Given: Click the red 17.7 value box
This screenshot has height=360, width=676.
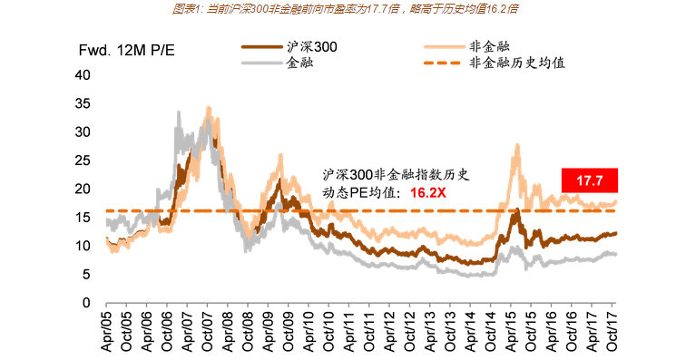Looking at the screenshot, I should click(x=589, y=180).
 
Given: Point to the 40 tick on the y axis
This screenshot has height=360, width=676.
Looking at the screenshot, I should click(x=83, y=75).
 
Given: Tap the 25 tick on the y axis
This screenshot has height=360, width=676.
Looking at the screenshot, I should click(x=83, y=161).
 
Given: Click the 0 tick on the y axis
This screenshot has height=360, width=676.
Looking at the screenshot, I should click(x=86, y=302).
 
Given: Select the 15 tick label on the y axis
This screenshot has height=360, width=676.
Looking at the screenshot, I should click(x=83, y=218).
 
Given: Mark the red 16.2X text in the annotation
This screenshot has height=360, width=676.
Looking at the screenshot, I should click(x=427, y=192).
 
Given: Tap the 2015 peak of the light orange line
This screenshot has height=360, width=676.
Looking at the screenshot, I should click(x=516, y=145).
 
